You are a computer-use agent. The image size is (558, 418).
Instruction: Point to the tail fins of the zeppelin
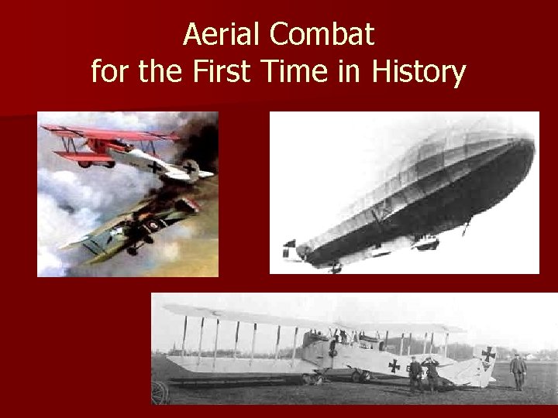click(293, 249)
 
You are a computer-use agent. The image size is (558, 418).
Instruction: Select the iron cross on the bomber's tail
click(487, 354)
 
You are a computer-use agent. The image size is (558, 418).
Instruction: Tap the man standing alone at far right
click(518, 370)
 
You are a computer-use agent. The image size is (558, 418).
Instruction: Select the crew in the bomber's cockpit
click(341, 338)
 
